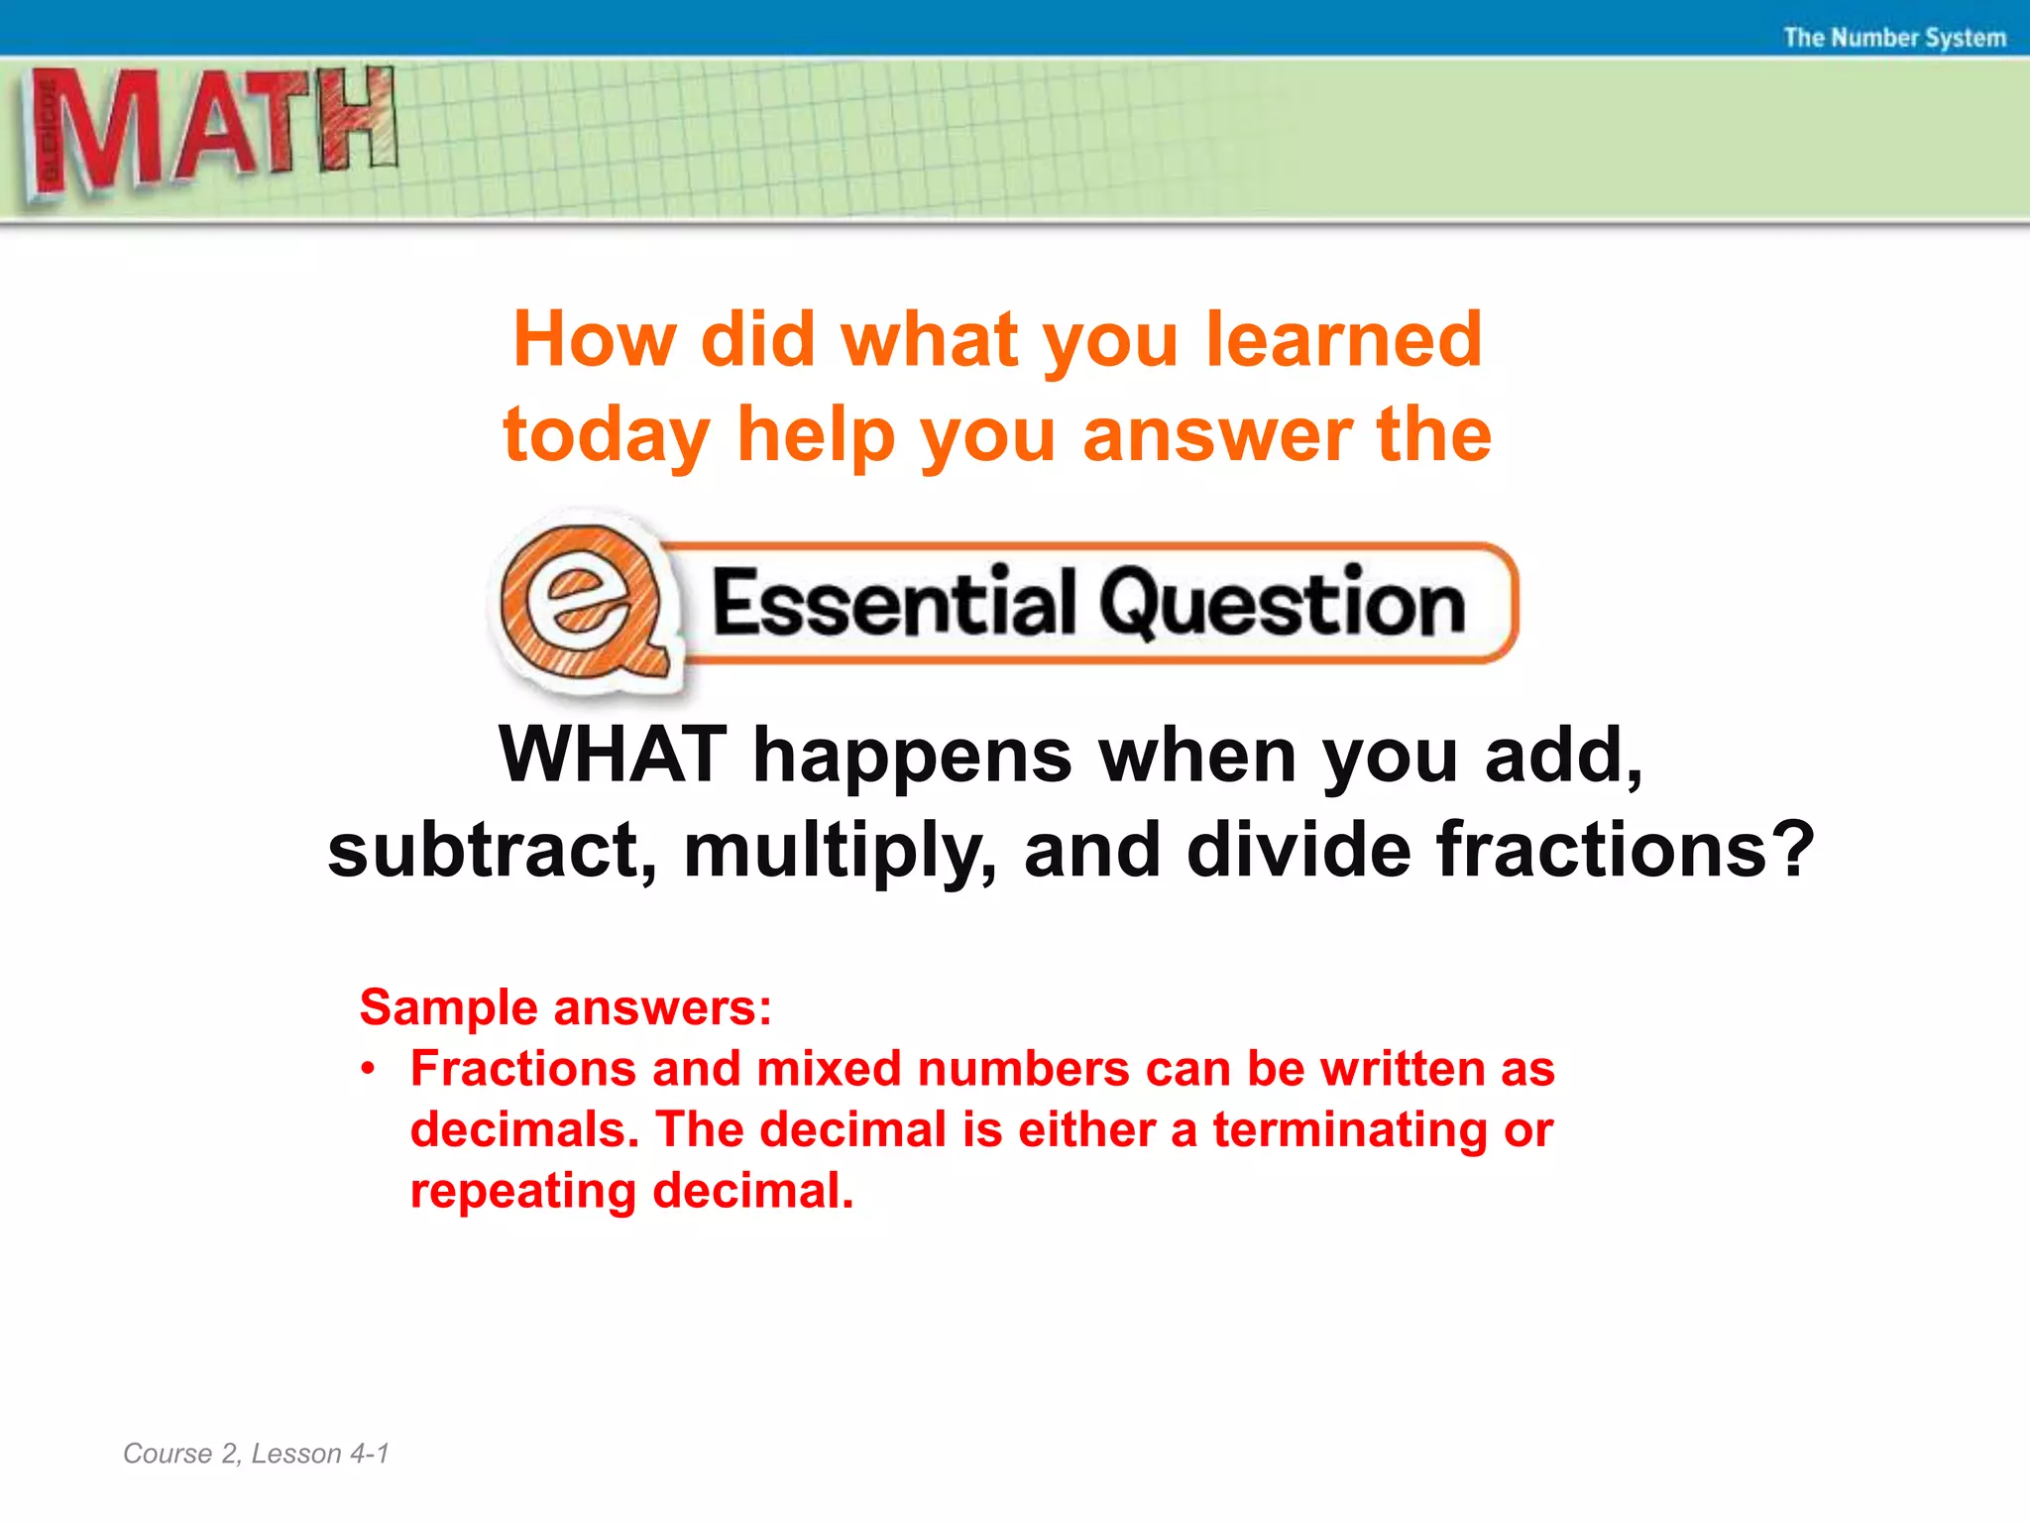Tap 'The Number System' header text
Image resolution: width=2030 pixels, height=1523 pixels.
click(x=1894, y=38)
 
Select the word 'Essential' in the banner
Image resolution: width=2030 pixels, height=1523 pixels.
click(x=892, y=603)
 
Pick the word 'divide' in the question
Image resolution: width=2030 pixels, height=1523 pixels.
click(x=1298, y=851)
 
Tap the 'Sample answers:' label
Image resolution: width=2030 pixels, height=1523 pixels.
click(x=565, y=1007)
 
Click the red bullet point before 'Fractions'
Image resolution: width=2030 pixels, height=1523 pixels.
click(x=369, y=1069)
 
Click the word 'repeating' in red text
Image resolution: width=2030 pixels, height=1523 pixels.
click(x=522, y=1192)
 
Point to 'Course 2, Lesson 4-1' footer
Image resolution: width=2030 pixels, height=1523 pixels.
click(x=256, y=1454)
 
